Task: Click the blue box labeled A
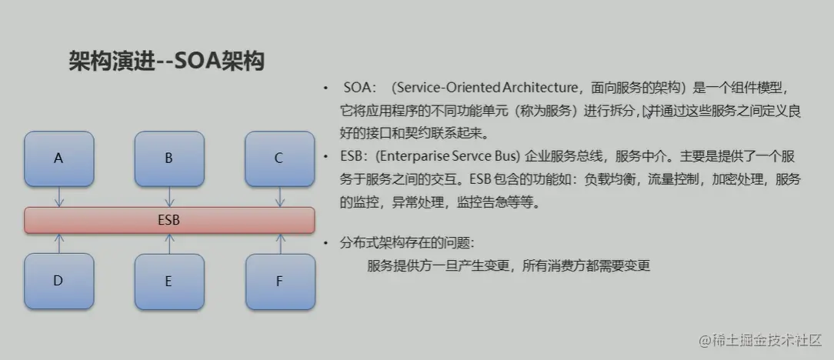pyautogui.click(x=58, y=158)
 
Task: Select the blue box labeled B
pyautogui.click(x=168, y=158)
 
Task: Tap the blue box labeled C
pyautogui.click(x=279, y=158)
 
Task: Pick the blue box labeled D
pyautogui.click(x=58, y=281)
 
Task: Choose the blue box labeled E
pyautogui.click(x=168, y=281)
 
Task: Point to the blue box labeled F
pyautogui.click(x=279, y=281)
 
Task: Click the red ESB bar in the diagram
pyautogui.click(x=169, y=220)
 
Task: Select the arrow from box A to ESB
pyautogui.click(x=59, y=196)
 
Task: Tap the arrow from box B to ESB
pyautogui.click(x=169, y=196)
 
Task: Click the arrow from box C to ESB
pyautogui.click(x=279, y=196)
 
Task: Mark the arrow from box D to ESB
pyautogui.click(x=59, y=243)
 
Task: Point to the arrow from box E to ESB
pyautogui.click(x=169, y=243)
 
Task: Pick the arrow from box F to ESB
pyautogui.click(x=279, y=243)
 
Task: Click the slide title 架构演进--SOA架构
pyautogui.click(x=166, y=62)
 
